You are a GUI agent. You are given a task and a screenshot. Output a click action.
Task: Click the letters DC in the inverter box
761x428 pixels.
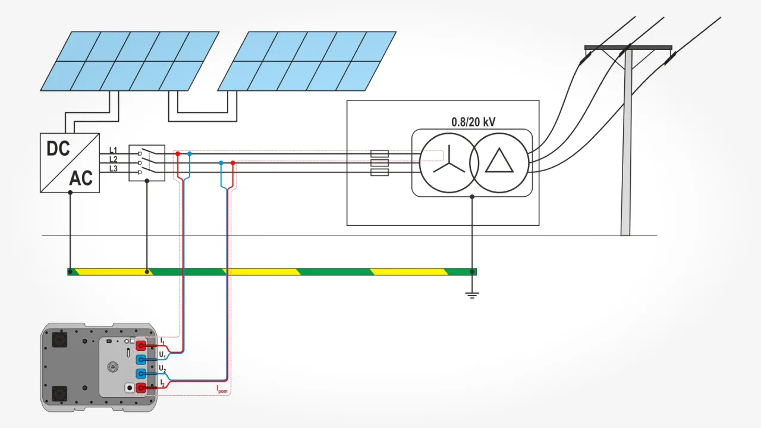pos(58,148)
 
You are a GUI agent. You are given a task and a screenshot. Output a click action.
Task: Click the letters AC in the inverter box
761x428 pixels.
pos(81,178)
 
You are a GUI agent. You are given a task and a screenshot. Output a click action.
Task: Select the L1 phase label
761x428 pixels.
pos(113,150)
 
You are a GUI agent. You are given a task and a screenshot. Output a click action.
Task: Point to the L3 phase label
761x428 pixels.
pos(113,169)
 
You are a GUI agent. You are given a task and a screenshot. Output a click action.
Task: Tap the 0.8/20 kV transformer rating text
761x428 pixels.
pos(473,122)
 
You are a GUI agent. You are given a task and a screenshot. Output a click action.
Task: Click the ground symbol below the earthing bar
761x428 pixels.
pos(472,294)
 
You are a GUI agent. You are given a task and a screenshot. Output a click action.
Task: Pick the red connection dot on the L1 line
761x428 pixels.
pos(178,153)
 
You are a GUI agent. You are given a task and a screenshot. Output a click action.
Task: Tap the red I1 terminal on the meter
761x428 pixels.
pos(141,345)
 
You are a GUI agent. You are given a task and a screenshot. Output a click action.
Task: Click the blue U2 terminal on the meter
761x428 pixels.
pos(141,373)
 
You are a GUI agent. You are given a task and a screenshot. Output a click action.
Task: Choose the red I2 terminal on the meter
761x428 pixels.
pos(141,388)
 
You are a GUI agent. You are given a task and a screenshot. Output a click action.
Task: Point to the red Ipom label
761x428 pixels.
pos(222,390)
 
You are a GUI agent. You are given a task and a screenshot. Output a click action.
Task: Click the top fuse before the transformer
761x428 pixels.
pos(379,153)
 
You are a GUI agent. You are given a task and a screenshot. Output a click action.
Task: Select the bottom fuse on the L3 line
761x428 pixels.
pos(379,172)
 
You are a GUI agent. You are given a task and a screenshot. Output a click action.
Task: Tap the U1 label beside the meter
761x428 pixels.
pos(162,354)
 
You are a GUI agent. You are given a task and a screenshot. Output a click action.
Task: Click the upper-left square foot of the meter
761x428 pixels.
pos(59,339)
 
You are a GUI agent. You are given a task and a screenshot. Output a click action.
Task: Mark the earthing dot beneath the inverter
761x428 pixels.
pos(70,272)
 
